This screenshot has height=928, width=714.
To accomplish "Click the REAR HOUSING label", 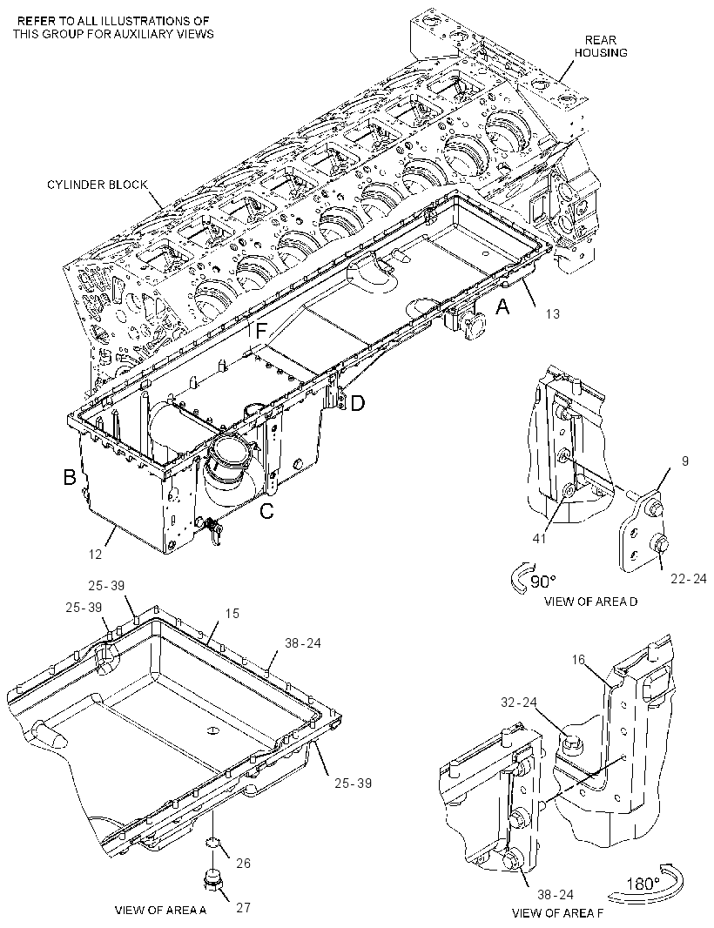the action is (x=600, y=46).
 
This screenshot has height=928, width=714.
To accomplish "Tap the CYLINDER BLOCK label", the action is (x=98, y=185).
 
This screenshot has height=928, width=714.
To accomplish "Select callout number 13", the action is (x=552, y=313).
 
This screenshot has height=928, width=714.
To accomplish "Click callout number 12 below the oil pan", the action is (x=95, y=554).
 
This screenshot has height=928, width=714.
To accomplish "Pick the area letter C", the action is (x=267, y=510).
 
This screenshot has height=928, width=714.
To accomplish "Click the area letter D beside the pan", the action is (x=358, y=404).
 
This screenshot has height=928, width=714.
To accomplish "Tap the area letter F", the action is (x=260, y=330).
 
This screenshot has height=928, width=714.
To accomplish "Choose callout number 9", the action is (x=685, y=461).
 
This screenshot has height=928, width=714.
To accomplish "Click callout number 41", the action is (x=540, y=538).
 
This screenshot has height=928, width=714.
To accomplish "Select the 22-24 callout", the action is (x=689, y=578).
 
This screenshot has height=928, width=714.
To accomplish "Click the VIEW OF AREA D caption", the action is (x=591, y=602).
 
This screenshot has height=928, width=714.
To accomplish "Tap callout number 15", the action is (x=232, y=614).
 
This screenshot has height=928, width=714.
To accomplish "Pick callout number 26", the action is (x=243, y=864).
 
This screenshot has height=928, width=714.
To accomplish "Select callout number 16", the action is (x=579, y=659).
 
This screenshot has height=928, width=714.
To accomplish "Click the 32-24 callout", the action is (x=519, y=703).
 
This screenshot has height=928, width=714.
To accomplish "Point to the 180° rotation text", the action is (x=643, y=884).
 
